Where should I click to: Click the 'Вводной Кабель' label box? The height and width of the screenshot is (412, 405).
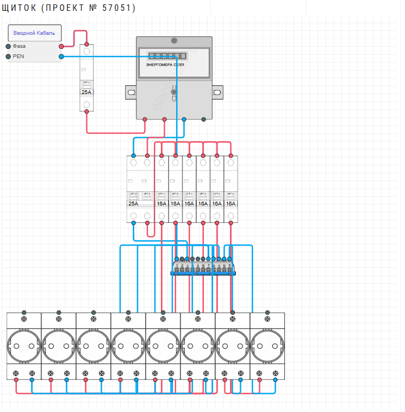(34, 33)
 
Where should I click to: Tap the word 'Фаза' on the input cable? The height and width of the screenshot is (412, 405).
(19, 46)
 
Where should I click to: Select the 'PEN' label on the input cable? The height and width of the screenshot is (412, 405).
(18, 57)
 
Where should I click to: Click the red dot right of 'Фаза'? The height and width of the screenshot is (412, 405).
(61, 47)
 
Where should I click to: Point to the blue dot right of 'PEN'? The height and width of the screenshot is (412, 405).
(61, 57)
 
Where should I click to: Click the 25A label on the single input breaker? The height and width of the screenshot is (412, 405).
(86, 92)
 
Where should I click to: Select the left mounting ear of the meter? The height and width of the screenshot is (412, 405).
(130, 93)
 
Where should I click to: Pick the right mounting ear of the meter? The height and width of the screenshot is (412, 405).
(217, 93)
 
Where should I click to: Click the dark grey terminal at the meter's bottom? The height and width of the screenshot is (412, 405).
(203, 119)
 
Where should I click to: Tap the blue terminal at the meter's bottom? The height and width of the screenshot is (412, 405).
(184, 119)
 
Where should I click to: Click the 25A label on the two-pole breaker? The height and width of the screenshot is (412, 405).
(133, 204)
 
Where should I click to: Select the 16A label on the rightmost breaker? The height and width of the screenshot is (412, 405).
(230, 204)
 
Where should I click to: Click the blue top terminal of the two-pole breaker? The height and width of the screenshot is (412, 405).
(133, 156)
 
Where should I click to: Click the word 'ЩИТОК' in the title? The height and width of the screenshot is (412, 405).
(19, 8)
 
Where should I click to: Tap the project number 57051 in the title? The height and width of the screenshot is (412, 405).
(119, 8)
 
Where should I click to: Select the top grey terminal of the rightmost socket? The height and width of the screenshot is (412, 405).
(267, 313)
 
